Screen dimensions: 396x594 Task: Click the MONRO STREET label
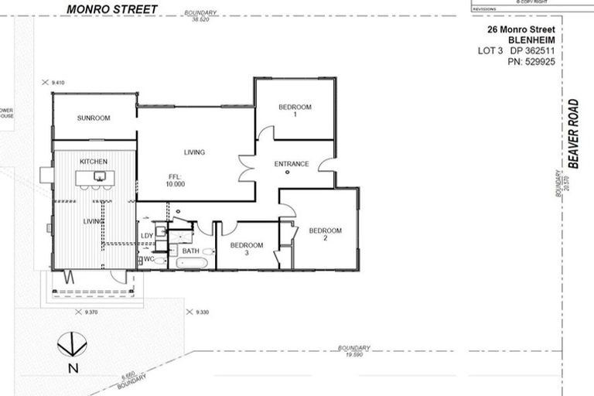point(111,9)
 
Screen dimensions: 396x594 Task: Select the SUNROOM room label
point(94,118)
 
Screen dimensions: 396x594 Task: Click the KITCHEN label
point(94,161)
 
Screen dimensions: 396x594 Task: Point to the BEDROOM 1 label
point(295,111)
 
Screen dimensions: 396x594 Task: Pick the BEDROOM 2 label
point(325,234)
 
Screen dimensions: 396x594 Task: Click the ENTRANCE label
point(292,164)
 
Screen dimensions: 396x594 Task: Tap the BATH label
point(190,251)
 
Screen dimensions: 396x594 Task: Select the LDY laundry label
point(146,236)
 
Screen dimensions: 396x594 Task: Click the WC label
point(148,259)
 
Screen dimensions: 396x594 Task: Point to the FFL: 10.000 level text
point(175,180)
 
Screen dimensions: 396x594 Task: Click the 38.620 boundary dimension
point(200,19)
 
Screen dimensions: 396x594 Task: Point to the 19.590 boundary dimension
point(354,355)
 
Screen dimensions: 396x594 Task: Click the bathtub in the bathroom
point(193,263)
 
